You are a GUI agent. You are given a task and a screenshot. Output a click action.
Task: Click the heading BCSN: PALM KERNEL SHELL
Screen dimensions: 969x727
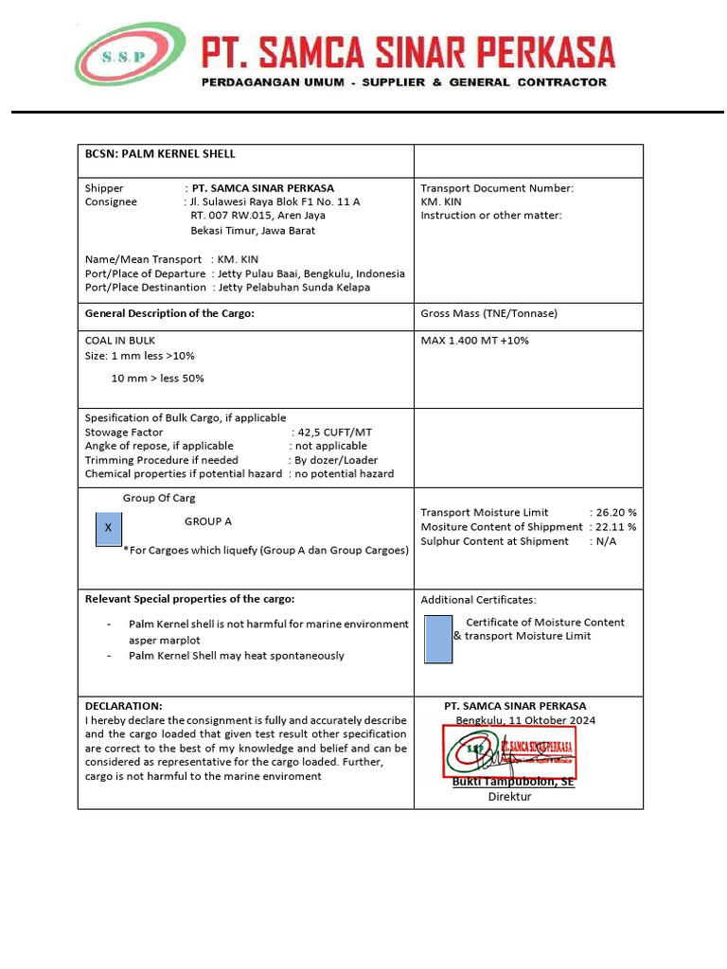pos(160,154)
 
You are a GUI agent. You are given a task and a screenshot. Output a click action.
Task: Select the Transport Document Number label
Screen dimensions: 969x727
pos(497,188)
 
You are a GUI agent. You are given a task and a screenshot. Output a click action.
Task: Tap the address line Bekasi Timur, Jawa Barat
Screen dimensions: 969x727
pos(253,230)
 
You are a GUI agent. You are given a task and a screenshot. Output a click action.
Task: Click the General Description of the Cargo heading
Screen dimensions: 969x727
pos(169,313)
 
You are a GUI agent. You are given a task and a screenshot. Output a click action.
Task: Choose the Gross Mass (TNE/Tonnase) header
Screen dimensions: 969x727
pos(488,313)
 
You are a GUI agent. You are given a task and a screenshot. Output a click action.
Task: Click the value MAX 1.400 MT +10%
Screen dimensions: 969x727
pos(474,340)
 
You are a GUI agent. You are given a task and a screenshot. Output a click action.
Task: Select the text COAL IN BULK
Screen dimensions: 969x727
pos(120,340)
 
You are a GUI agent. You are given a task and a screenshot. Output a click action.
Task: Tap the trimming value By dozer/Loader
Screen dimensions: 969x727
pos(336,460)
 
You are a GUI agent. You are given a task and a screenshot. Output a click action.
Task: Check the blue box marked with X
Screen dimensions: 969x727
pos(109,527)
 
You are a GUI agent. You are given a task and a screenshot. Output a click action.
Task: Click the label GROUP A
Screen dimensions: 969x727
pos(208,521)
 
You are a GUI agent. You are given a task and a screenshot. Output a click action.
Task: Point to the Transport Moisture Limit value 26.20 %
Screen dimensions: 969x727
pos(616,512)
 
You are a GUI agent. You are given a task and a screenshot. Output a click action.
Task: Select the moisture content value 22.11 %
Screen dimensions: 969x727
pos(616,526)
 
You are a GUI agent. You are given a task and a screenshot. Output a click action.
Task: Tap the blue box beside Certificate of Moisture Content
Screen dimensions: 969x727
pos(438,638)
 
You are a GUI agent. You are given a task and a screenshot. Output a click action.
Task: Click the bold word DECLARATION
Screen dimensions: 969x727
pos(124,706)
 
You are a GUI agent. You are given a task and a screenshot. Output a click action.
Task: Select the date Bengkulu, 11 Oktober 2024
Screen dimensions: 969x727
pos(525,720)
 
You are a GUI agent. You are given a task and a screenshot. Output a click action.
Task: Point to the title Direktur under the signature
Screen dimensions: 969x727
pos(509,796)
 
